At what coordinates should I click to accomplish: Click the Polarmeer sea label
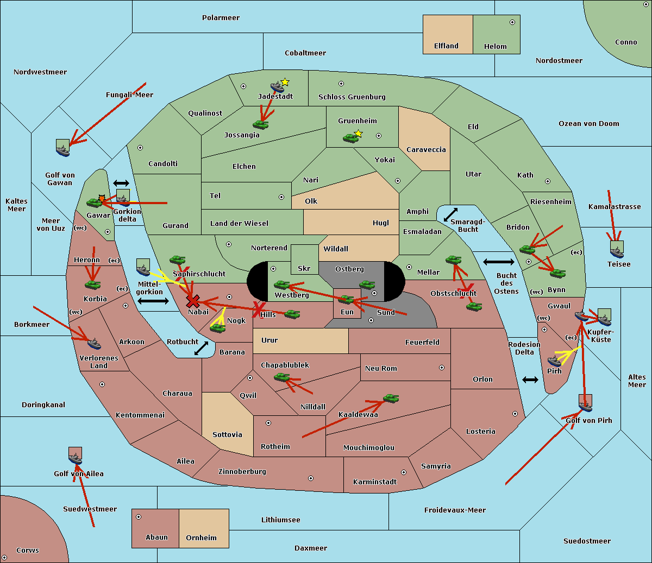[221, 18]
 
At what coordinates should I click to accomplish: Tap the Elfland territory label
[446, 46]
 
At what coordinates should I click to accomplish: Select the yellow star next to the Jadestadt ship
[285, 82]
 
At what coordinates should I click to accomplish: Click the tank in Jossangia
[261, 124]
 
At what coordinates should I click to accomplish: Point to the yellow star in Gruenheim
[358, 134]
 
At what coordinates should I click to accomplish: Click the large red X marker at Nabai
[192, 301]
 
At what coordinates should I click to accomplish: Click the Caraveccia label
[426, 150]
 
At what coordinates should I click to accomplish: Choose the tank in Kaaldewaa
[391, 398]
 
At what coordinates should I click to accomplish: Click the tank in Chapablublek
[282, 377]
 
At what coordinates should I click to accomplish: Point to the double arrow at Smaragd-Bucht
[450, 215]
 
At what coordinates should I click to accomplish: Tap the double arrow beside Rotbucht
[201, 349]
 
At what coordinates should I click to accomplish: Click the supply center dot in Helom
[512, 22]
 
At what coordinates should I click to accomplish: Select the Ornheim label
[201, 538]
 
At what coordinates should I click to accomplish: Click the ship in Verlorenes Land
[94, 344]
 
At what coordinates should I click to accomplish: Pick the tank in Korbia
[93, 284]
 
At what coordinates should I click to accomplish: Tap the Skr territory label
[304, 268]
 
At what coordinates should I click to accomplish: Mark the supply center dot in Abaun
[139, 517]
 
